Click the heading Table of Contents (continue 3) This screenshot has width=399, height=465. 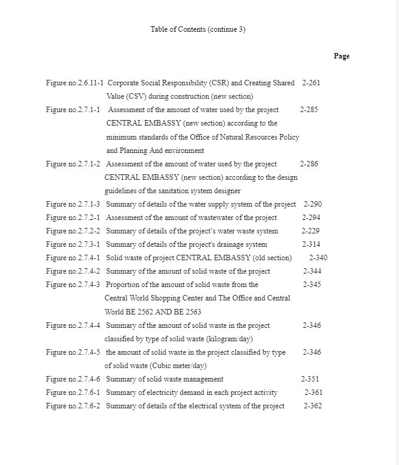(x=198, y=29)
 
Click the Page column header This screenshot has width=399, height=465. (x=341, y=56)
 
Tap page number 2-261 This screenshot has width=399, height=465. (x=311, y=83)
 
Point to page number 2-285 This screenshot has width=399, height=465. (x=308, y=110)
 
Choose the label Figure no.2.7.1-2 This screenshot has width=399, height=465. (x=73, y=164)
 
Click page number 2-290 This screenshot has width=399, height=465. (x=313, y=204)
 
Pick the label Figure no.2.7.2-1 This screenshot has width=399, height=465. (x=73, y=218)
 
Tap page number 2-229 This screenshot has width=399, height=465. (x=310, y=231)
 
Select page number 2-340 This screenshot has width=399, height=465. (x=318, y=258)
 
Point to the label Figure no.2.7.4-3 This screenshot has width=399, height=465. (x=73, y=285)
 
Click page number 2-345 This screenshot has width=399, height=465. (x=312, y=285)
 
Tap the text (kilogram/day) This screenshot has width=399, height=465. (x=229, y=339)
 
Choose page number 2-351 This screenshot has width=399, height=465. (x=310, y=379)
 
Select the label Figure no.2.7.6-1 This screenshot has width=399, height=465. (x=73, y=392)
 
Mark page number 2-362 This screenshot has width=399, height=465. (x=313, y=406)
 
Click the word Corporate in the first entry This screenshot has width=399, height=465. (x=123, y=83)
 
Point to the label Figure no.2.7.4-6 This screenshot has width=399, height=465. (x=73, y=379)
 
